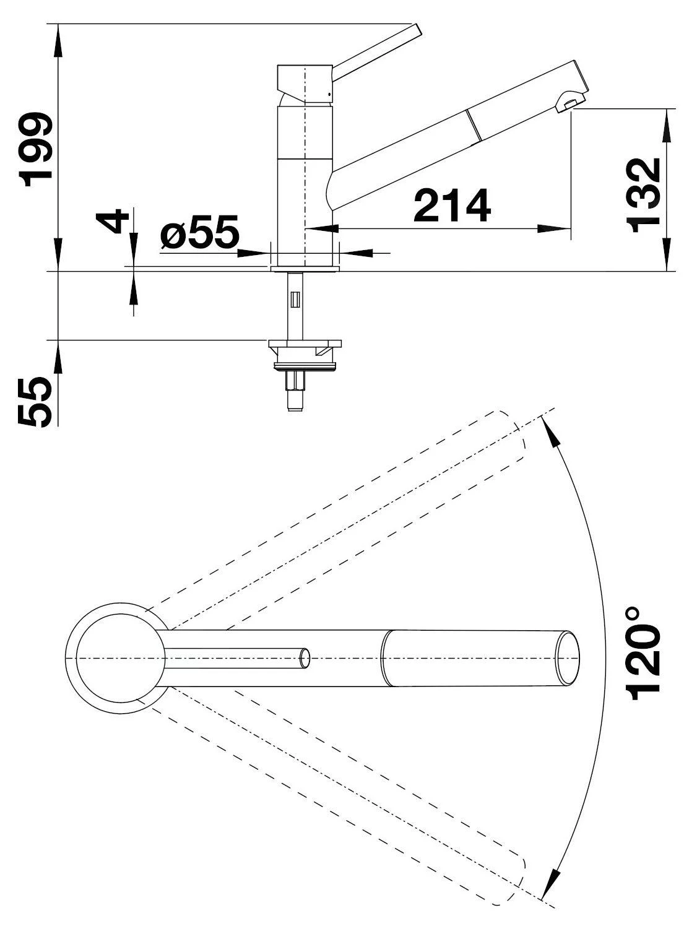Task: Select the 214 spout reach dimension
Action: point(452,206)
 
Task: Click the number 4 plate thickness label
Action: point(113,221)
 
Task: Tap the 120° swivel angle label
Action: point(644,659)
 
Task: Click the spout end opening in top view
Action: point(567,658)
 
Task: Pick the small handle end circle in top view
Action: point(305,659)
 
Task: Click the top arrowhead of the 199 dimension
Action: point(59,41)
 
